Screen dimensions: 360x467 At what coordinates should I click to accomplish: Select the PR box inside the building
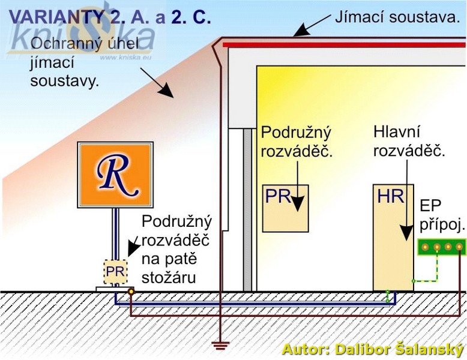click(x=285, y=208)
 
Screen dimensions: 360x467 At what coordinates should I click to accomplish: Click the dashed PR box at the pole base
click(x=115, y=272)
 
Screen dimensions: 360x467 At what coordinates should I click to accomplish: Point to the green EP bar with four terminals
click(x=441, y=247)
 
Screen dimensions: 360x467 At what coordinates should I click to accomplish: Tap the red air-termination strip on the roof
click(x=342, y=44)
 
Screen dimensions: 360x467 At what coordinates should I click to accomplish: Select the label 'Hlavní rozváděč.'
click(x=409, y=141)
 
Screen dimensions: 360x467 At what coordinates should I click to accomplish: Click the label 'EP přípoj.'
click(x=442, y=215)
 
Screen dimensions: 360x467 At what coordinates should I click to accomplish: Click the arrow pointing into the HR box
click(x=407, y=198)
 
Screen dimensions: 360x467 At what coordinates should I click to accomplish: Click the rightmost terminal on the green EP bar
click(x=459, y=247)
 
